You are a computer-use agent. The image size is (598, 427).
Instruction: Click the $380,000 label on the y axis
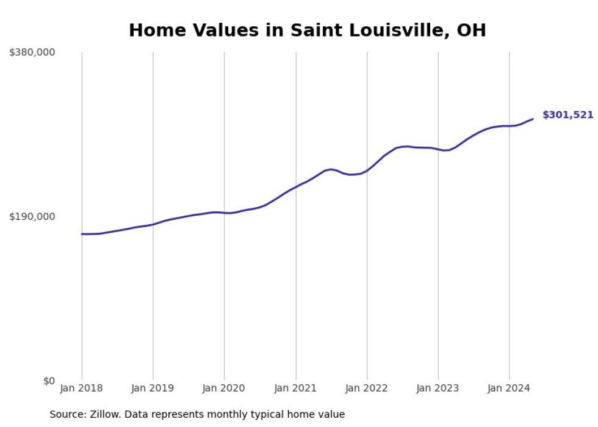(32, 53)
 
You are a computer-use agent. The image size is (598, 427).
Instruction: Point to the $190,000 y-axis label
(32, 216)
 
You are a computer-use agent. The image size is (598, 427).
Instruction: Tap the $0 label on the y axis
(49, 381)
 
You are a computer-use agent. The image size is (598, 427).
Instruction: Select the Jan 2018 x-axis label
(82, 388)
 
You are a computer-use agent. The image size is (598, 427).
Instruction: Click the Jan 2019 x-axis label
(153, 388)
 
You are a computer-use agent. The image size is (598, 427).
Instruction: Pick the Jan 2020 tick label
(224, 388)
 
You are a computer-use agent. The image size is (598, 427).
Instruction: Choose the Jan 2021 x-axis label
(296, 388)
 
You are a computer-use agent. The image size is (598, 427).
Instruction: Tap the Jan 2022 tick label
(367, 388)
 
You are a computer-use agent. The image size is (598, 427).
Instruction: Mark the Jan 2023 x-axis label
(438, 388)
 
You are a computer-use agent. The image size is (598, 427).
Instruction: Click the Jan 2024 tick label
(509, 388)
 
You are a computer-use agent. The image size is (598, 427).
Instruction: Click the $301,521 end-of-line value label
(567, 115)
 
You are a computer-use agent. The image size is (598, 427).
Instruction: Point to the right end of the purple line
(533, 119)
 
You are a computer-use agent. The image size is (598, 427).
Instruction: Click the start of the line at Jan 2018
(82, 234)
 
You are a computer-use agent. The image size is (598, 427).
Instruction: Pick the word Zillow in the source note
(104, 414)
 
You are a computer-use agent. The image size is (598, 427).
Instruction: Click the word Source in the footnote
(65, 414)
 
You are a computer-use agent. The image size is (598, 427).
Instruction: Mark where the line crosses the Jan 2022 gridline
(367, 170)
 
